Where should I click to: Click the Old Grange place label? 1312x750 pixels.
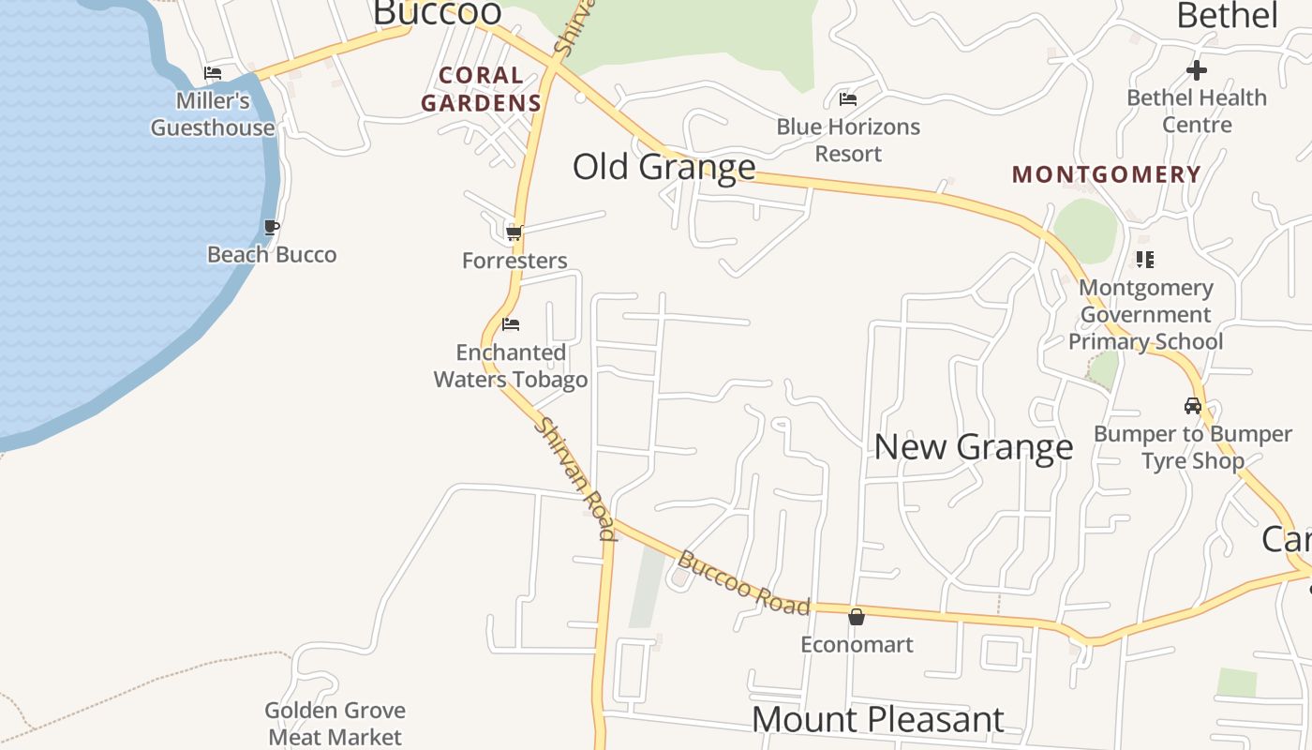click(x=663, y=167)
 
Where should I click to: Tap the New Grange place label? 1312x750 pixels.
click(x=973, y=446)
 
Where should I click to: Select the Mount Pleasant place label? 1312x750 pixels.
click(x=877, y=719)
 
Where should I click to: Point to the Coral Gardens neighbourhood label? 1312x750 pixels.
click(x=481, y=89)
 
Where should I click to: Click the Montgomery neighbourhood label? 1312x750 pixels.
click(x=1107, y=174)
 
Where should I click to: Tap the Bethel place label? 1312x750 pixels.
click(x=1227, y=15)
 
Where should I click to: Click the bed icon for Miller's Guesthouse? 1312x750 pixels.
click(x=213, y=73)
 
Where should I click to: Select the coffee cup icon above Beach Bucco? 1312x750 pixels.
click(x=271, y=227)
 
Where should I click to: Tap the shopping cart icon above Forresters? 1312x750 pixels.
click(x=513, y=232)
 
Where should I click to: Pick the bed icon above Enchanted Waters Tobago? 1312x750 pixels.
click(x=511, y=324)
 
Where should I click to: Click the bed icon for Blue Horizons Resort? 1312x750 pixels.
click(x=848, y=98)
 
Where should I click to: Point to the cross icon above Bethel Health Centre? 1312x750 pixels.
click(x=1196, y=69)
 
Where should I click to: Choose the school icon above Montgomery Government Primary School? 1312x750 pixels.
click(x=1144, y=259)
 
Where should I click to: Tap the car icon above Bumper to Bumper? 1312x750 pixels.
click(x=1192, y=406)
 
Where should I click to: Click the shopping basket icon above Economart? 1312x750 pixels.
click(x=856, y=617)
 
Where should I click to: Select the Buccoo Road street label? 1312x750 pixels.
click(x=743, y=583)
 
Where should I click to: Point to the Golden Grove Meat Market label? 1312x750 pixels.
click(x=335, y=724)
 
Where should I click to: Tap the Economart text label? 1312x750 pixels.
click(x=856, y=645)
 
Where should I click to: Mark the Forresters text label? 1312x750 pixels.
click(x=514, y=261)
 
